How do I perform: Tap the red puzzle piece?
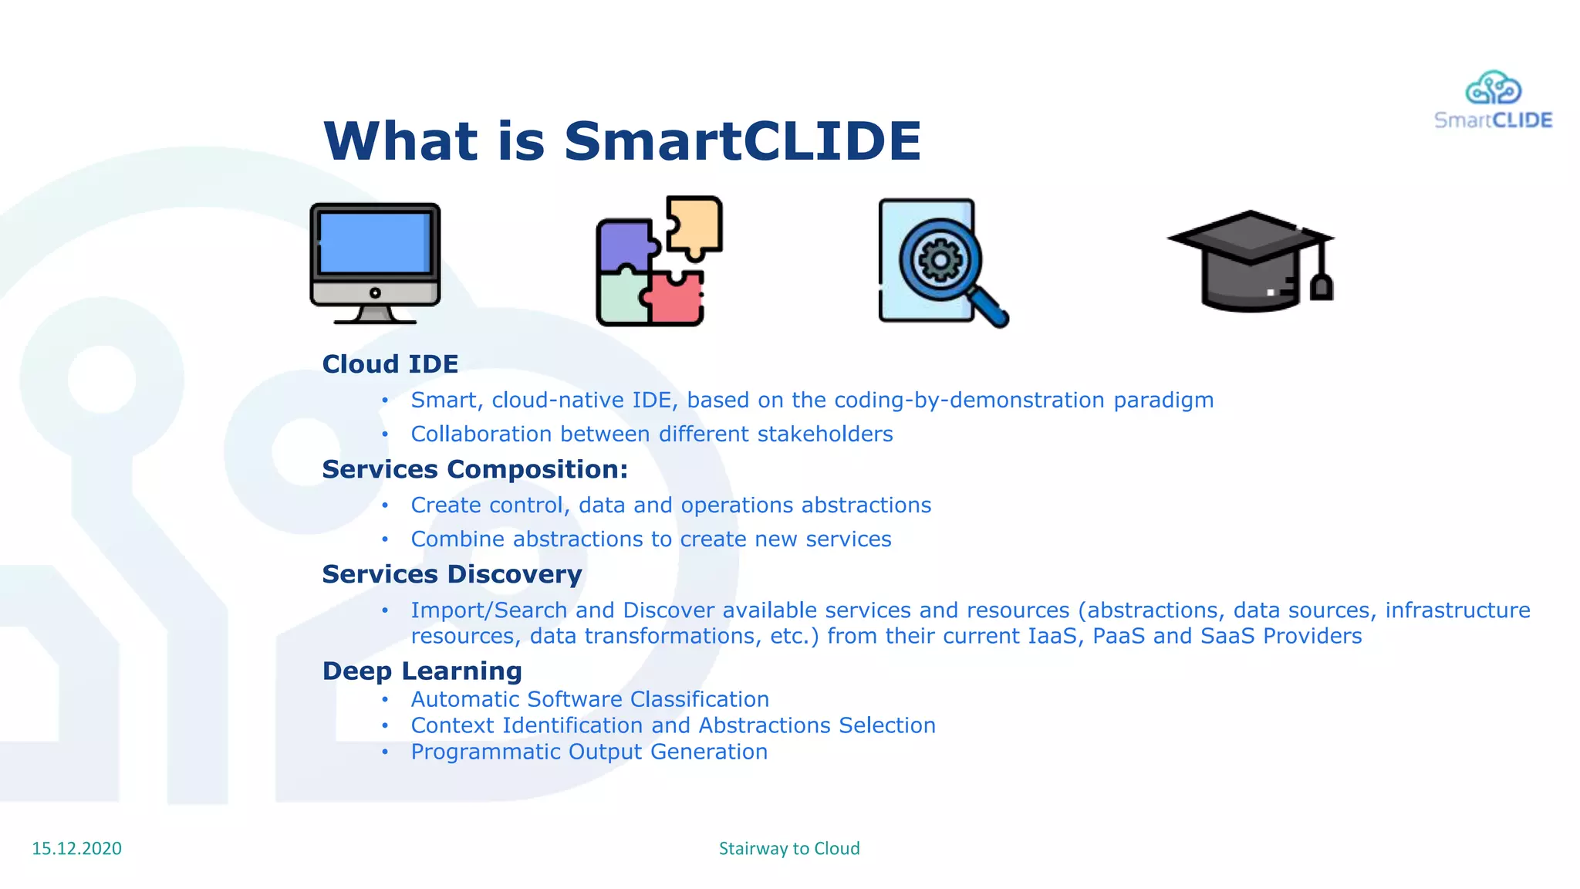pyautogui.click(x=675, y=299)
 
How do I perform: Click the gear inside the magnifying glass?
pyautogui.click(x=940, y=260)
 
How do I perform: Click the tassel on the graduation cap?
pyautogui.click(x=1322, y=286)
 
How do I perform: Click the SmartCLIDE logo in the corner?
pyautogui.click(x=1493, y=100)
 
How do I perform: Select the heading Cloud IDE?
pyautogui.click(x=390, y=363)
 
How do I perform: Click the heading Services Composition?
pyautogui.click(x=474, y=469)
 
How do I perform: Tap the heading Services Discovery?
pyautogui.click(x=451, y=574)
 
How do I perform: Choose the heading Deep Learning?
pyautogui.click(x=422, y=671)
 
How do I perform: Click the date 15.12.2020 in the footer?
pyautogui.click(x=76, y=848)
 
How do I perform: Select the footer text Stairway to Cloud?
pyautogui.click(x=789, y=848)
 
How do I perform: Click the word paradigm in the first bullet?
pyautogui.click(x=1163, y=401)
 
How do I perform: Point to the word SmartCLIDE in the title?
pyautogui.click(x=742, y=141)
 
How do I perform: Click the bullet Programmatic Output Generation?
pyautogui.click(x=589, y=752)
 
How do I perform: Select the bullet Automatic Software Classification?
pyautogui.click(x=589, y=699)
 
